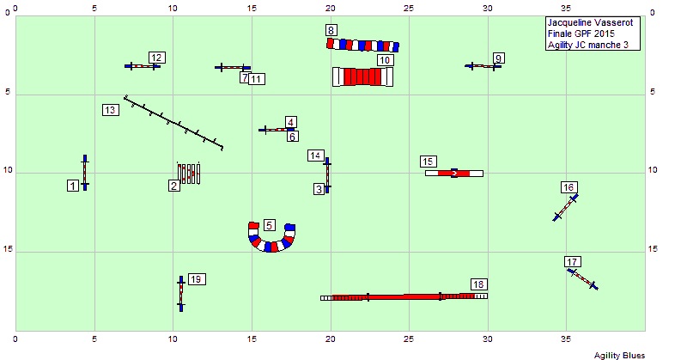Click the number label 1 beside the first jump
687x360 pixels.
[x=73, y=186]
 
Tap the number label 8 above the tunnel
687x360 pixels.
[x=331, y=30]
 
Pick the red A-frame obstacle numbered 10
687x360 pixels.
[x=362, y=77]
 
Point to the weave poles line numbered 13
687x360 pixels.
[x=173, y=122]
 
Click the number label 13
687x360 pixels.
[x=110, y=110]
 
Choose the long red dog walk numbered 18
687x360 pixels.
[x=404, y=296]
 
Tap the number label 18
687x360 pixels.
[x=479, y=284]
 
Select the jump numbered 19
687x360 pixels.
[x=180, y=293]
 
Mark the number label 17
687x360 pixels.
[x=573, y=262]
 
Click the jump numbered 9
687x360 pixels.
[x=483, y=65]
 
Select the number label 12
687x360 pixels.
[x=156, y=58]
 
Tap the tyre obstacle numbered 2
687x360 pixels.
[x=189, y=173]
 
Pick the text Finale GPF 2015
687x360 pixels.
[x=575, y=34]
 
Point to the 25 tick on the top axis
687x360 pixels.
[x=409, y=8]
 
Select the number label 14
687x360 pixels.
[x=317, y=156]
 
